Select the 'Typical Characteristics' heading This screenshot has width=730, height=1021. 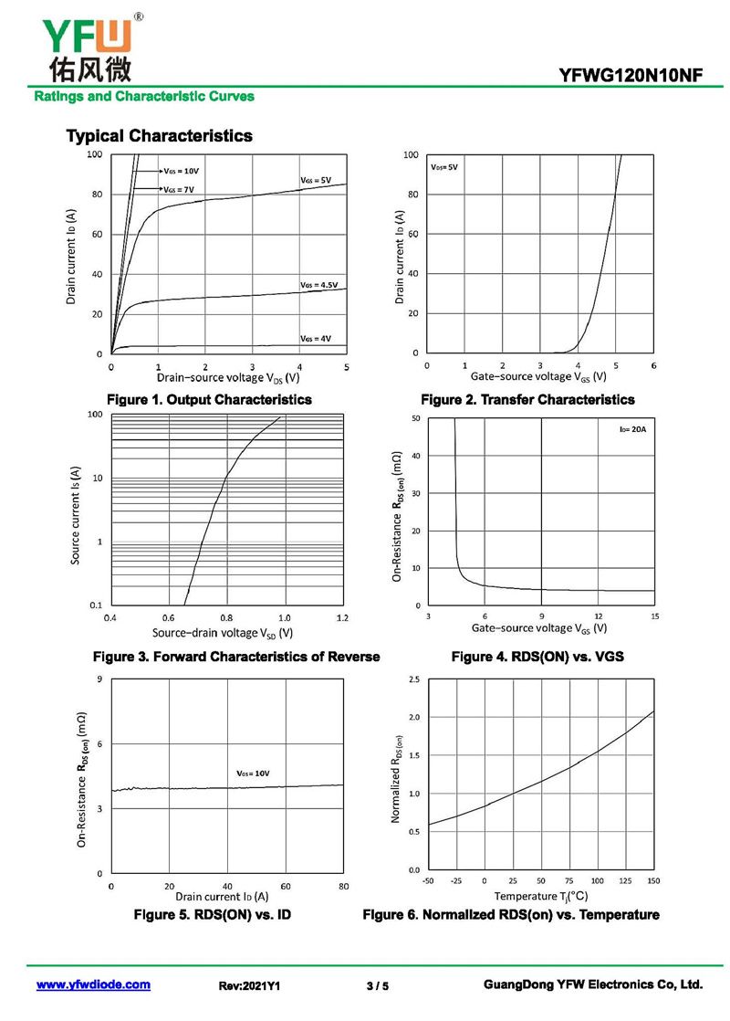(x=159, y=136)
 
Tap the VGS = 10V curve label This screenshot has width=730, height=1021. (x=181, y=171)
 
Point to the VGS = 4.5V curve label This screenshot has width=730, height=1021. (x=318, y=285)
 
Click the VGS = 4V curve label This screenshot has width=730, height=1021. (x=316, y=338)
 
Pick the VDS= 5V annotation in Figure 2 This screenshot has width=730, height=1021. (x=444, y=168)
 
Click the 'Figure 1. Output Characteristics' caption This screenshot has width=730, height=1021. (x=209, y=400)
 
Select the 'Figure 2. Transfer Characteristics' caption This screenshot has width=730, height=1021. (x=527, y=400)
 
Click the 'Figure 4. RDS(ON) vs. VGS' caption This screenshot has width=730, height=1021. (x=537, y=657)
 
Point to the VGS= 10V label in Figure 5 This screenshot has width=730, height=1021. (x=253, y=774)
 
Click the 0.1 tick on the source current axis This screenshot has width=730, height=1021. (x=94, y=605)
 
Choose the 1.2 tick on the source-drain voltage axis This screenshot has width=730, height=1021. (x=342, y=618)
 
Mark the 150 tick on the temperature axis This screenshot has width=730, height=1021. (x=653, y=880)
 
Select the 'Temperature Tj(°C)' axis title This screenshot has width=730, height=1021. (x=541, y=897)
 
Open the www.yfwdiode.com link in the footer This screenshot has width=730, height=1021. (x=93, y=985)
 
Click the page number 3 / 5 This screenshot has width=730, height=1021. (x=377, y=986)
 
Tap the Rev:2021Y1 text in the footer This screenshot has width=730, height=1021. (x=249, y=986)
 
